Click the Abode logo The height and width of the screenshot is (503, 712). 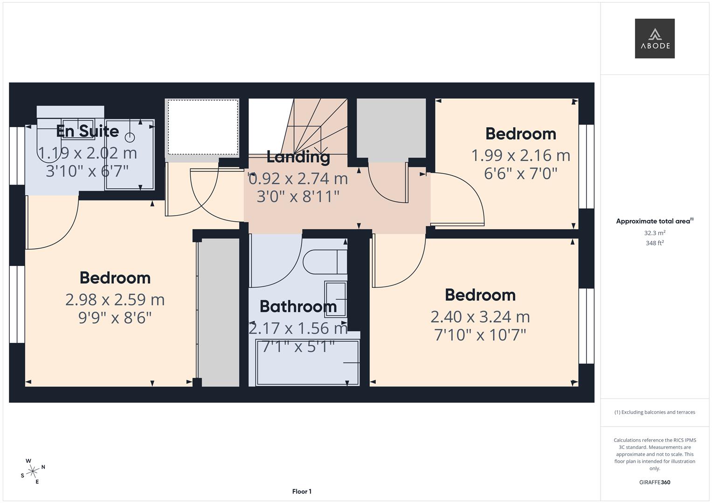654,39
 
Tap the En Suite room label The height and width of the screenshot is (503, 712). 87,131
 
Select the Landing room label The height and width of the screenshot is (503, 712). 298,157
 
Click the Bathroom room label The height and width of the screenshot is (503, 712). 298,306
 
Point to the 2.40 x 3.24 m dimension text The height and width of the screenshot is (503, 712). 480,317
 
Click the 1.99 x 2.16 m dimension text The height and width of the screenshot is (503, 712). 520,155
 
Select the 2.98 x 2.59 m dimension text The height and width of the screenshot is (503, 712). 115,299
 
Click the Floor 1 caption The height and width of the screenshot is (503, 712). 302,491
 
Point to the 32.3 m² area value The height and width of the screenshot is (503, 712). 654,233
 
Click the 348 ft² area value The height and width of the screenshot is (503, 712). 654,243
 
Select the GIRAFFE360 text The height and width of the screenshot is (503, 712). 654,482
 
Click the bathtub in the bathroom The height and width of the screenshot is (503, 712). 307,362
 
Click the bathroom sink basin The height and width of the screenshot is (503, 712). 335,299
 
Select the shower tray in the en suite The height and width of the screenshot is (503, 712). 130,155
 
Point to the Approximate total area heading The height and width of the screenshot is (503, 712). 654,221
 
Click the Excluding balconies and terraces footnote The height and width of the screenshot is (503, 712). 654,412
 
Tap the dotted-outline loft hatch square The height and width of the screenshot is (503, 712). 202,127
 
